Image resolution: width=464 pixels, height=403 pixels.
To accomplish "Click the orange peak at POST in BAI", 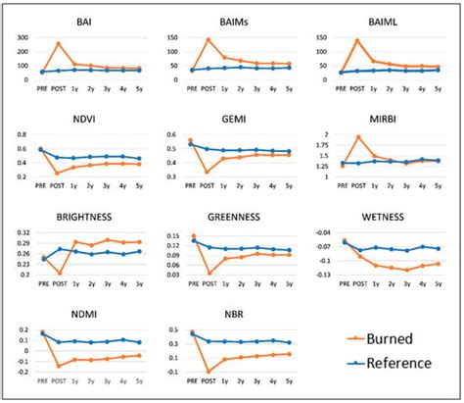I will coord(59,43).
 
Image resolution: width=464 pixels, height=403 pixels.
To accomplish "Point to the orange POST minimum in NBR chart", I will coord(208,373).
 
